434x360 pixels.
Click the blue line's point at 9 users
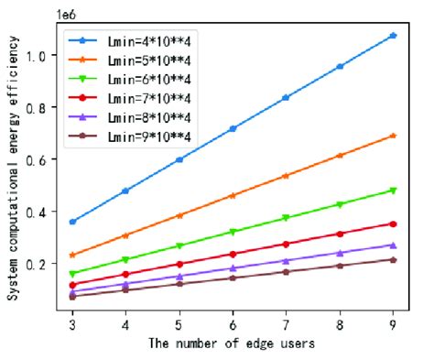393,36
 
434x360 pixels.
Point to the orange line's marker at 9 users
393,136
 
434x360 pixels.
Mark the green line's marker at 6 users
233,232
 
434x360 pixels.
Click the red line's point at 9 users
393,224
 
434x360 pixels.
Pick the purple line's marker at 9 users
393,245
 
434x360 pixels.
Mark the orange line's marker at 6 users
233,195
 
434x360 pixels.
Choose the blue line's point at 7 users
287,97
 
